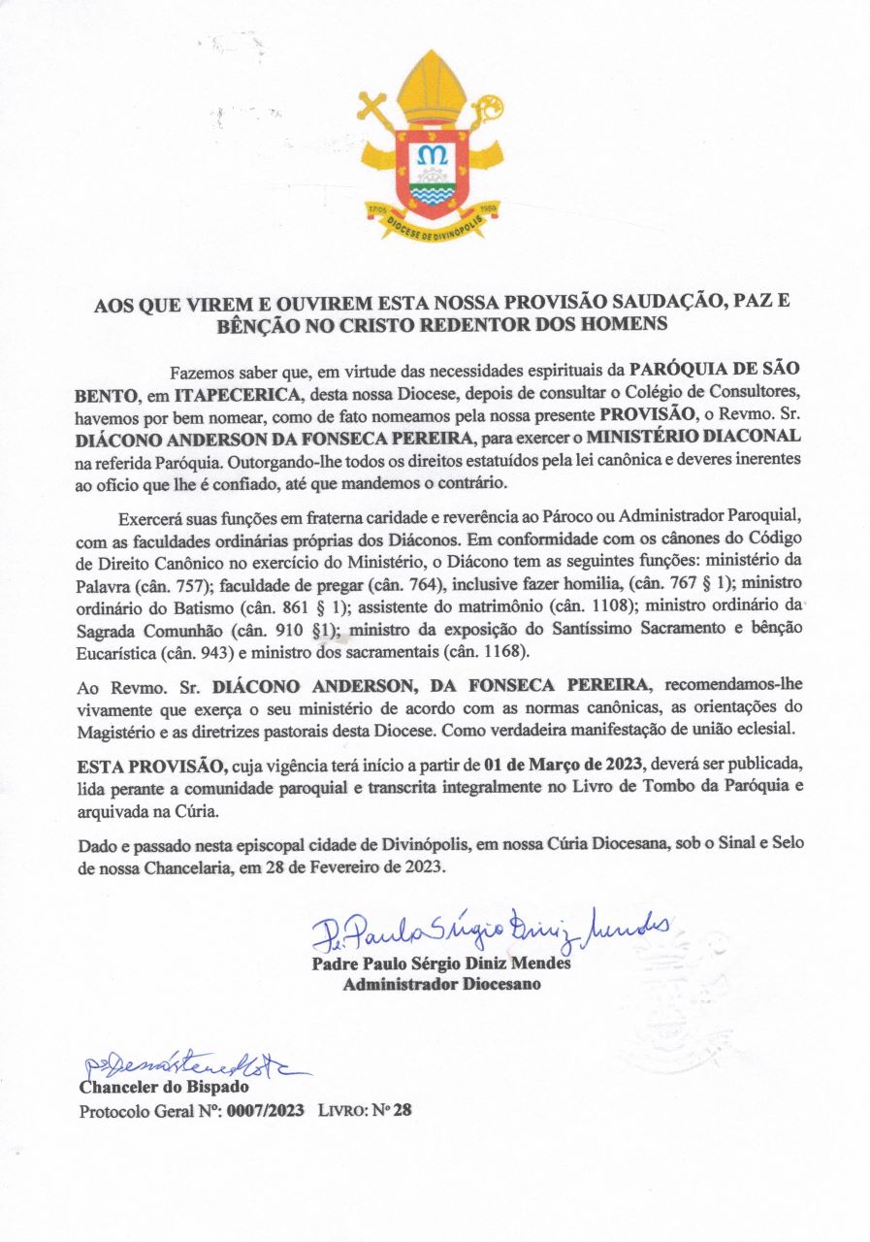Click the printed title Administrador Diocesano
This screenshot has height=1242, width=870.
coord(441,985)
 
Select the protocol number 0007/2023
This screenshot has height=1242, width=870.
coord(267,1110)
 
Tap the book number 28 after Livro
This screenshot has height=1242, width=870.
coord(403,1110)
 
